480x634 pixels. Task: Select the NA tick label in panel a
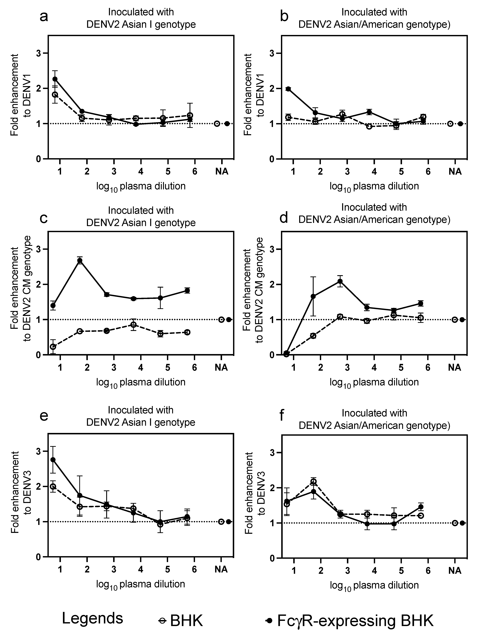[x=221, y=171]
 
